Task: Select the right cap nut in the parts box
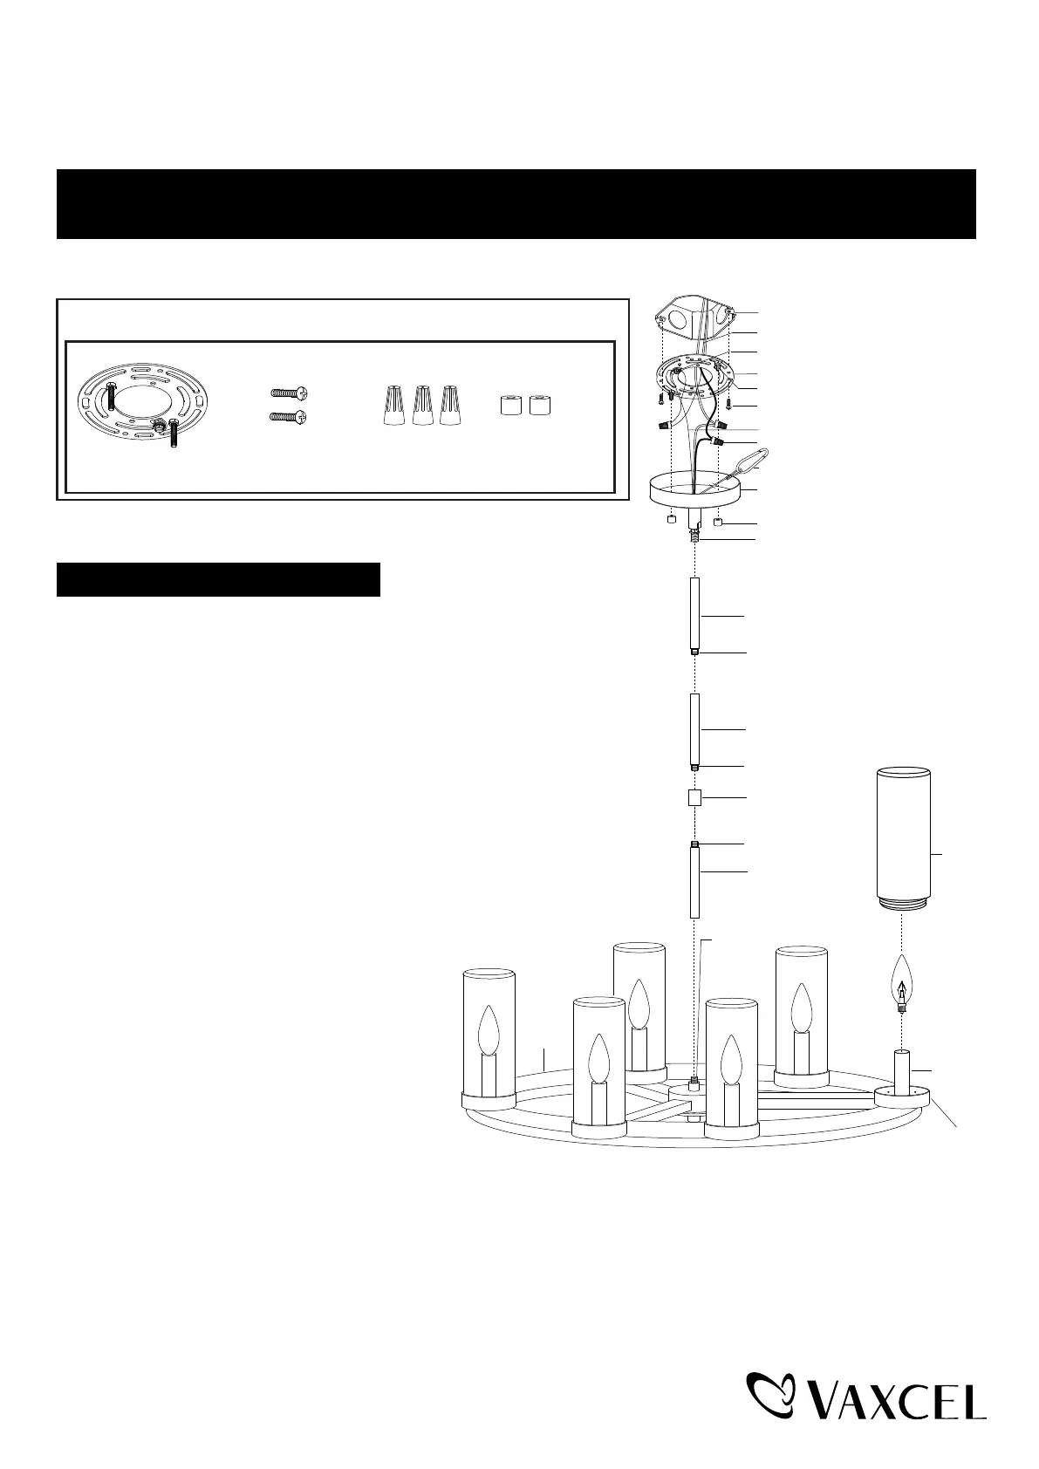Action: pyautogui.click(x=540, y=406)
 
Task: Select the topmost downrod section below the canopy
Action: pyautogui.click(x=694, y=614)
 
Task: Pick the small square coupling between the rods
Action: pyautogui.click(x=694, y=797)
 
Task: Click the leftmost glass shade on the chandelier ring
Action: pyautogui.click(x=488, y=1035)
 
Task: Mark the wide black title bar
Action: pyautogui.click(x=516, y=204)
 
